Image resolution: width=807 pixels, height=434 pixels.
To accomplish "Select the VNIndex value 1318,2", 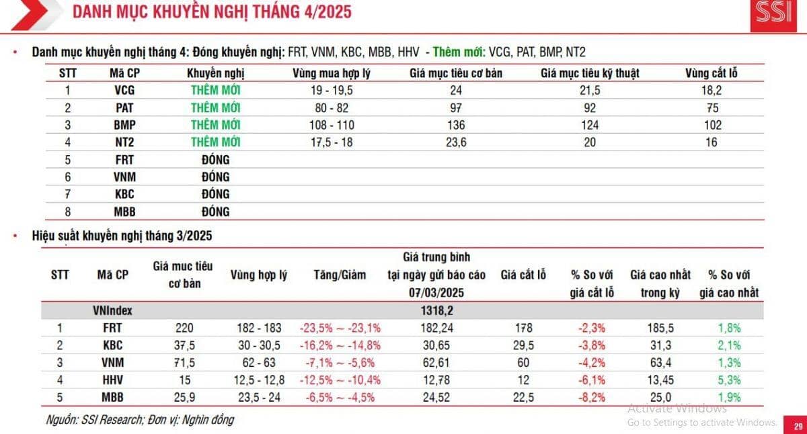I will (436, 311).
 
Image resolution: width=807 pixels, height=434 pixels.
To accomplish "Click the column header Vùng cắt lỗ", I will (711, 73).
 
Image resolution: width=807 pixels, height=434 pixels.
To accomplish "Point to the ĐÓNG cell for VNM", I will (216, 177).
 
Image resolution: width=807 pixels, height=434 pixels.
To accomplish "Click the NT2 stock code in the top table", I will (124, 142).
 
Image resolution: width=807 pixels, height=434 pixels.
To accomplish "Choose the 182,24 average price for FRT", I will (436, 329).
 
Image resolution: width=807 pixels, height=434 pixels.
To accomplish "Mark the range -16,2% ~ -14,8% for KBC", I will (340, 345).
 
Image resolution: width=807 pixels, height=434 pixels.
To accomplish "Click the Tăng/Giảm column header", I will (340, 275).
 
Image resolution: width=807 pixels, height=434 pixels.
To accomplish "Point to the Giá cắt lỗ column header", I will (523, 275).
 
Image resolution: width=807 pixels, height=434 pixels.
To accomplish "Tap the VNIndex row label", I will (112, 311).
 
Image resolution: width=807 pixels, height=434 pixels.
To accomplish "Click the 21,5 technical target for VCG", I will (589, 91).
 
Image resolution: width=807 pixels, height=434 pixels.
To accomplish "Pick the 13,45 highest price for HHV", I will (651, 380).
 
